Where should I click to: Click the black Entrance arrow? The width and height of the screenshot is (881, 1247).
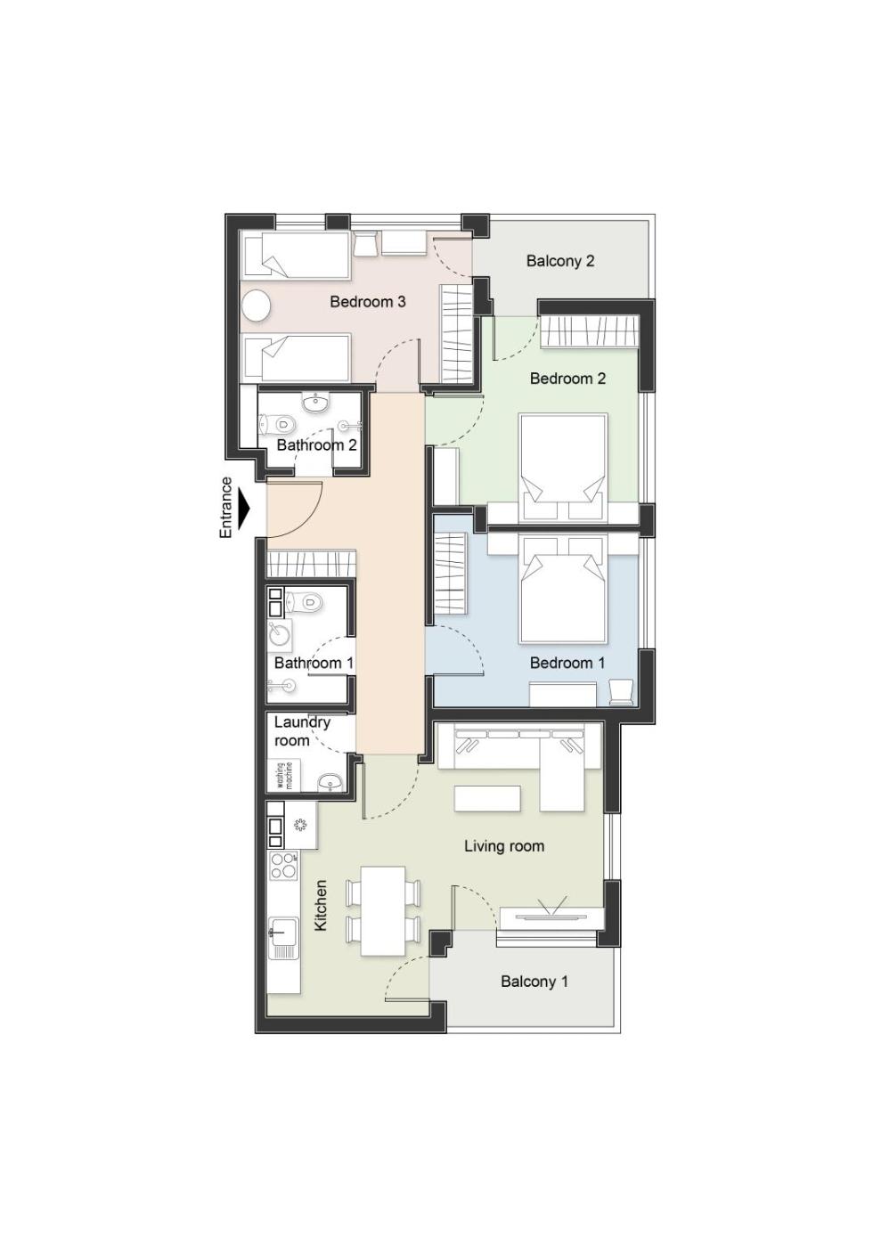[x=244, y=509]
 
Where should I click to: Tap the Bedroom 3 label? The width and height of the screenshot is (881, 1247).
[x=368, y=302]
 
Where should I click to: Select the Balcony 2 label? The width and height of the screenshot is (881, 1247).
[x=560, y=260]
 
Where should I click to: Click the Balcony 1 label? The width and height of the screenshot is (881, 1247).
[x=534, y=981]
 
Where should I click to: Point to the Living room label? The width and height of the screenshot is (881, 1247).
[x=504, y=846]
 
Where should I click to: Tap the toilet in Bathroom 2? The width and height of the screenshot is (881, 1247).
[x=277, y=425]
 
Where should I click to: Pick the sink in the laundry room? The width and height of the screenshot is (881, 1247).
[x=331, y=783]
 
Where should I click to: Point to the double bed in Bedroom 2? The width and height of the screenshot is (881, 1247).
[x=562, y=467]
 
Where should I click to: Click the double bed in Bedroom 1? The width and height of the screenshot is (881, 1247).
[x=562, y=589]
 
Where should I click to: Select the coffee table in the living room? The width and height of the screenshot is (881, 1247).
[x=488, y=798]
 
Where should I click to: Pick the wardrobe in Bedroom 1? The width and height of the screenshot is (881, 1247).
[x=450, y=570]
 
